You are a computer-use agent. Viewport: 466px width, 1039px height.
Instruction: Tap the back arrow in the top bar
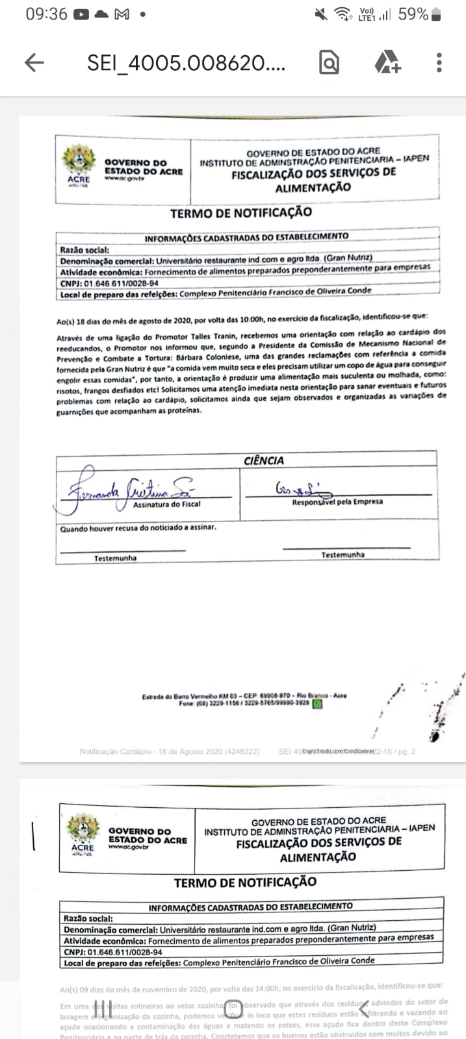click(x=34, y=62)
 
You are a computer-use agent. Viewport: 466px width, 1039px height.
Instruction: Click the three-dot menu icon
click(x=439, y=62)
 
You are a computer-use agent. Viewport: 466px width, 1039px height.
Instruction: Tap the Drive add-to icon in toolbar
click(x=388, y=62)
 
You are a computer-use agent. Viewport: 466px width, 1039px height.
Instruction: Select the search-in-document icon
click(x=330, y=62)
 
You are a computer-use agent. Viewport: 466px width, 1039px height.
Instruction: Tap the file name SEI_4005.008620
click(x=186, y=63)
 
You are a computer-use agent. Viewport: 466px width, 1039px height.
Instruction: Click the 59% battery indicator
click(x=420, y=14)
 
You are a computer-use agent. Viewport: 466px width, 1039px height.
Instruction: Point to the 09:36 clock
click(x=46, y=14)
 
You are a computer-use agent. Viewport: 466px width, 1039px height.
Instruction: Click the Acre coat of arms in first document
click(x=79, y=161)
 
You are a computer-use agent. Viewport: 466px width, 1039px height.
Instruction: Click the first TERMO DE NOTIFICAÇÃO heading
click(x=241, y=213)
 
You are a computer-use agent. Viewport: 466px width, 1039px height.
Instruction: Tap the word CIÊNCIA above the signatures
click(x=264, y=460)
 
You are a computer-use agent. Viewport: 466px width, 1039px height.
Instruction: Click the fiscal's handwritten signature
click(x=127, y=490)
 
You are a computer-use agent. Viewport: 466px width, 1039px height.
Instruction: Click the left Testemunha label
click(x=115, y=558)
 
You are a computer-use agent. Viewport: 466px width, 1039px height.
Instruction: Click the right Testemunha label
click(x=343, y=555)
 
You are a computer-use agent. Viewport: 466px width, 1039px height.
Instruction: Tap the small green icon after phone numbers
click(x=317, y=703)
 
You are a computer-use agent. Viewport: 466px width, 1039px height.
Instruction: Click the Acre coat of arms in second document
click(x=83, y=831)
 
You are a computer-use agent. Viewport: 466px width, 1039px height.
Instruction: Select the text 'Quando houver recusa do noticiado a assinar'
click(x=138, y=528)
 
